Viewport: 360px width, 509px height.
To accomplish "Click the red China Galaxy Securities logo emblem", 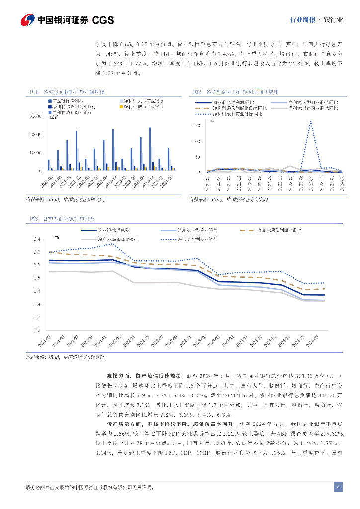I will point(27,20).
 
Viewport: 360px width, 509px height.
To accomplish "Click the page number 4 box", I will point(338,487).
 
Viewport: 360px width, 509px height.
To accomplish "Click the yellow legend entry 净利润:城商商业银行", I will point(144,107).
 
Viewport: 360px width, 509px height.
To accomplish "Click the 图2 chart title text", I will point(236,92).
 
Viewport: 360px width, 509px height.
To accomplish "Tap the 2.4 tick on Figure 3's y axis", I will point(36,239).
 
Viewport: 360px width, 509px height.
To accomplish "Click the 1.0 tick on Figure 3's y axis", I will point(36,330).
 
